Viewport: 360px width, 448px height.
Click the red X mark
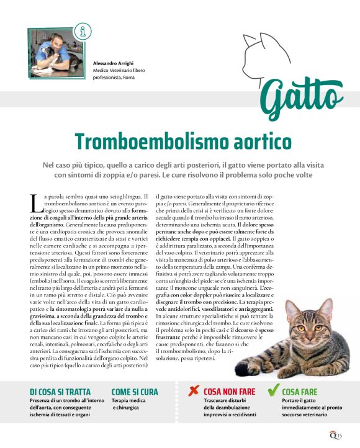(194, 391)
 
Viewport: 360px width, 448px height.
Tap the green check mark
(271, 390)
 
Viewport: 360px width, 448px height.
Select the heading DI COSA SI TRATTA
(60, 392)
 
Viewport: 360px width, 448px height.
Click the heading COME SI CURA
(135, 392)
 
